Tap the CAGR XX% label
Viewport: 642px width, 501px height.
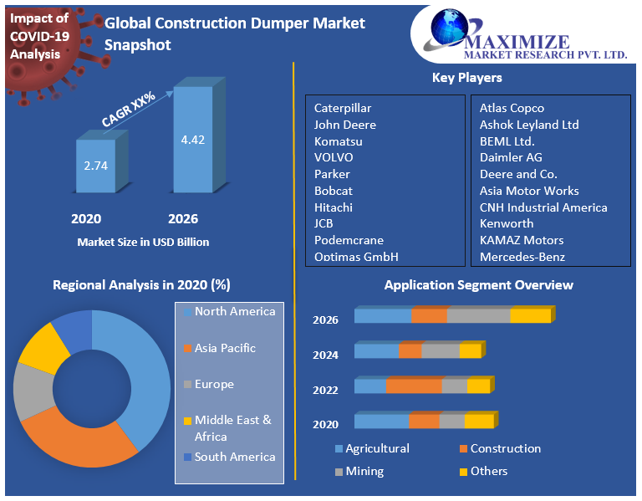point(130,108)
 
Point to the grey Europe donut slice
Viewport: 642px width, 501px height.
point(32,391)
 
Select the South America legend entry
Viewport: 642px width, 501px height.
point(235,457)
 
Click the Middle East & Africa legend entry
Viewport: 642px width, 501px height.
point(233,428)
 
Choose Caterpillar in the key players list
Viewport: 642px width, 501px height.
point(343,108)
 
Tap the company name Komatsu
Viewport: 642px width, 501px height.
point(338,141)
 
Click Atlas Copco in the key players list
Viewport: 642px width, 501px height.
point(512,108)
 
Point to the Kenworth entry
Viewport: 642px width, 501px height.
point(507,223)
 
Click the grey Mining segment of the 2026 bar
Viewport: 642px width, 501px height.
point(478,315)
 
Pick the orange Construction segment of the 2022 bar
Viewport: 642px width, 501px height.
point(413,386)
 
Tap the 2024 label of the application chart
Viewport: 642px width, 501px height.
point(325,355)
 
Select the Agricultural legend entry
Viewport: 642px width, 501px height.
point(377,448)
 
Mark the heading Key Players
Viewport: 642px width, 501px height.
point(466,78)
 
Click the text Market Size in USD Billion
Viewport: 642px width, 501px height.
point(143,242)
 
